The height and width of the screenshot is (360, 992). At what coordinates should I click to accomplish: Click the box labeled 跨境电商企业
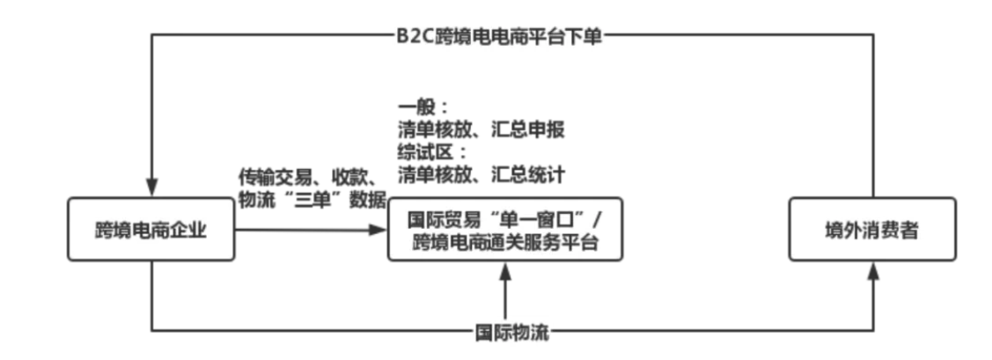pos(152,231)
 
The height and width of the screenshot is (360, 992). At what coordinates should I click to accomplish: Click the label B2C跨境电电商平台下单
pos(497,37)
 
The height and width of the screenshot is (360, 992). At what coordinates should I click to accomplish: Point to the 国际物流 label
pos(505,334)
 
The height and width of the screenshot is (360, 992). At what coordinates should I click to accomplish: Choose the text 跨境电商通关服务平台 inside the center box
pos(505,242)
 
